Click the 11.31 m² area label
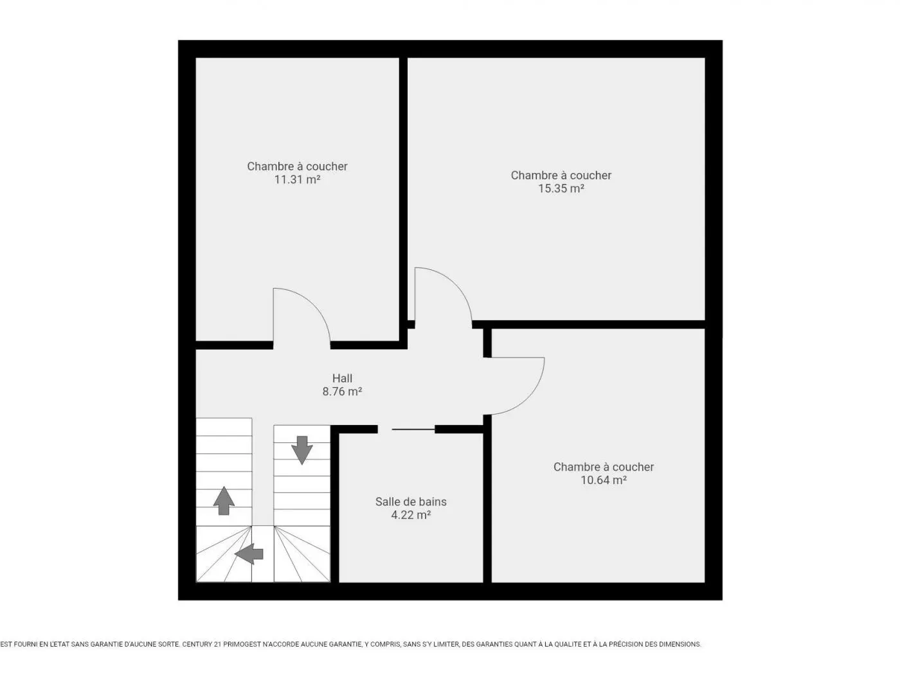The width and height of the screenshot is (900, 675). point(297,179)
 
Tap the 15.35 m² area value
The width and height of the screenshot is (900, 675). point(561,188)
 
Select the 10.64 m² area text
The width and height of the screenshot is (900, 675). point(603,480)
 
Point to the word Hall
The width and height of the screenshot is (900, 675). point(342,378)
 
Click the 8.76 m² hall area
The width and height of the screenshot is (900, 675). point(342,392)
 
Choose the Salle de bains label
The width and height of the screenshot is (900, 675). point(411,501)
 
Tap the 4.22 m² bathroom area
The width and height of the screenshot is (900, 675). point(411,515)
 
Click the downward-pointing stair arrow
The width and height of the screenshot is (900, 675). point(301,450)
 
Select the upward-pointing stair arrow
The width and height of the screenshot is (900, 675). point(224,500)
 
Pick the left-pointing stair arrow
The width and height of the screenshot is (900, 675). point(249,554)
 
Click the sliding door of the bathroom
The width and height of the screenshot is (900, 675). point(413,429)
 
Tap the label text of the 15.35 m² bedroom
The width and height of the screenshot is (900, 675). point(561,175)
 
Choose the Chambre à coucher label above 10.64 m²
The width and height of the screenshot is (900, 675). point(603,467)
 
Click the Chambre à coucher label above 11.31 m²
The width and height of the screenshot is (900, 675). point(297,166)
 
